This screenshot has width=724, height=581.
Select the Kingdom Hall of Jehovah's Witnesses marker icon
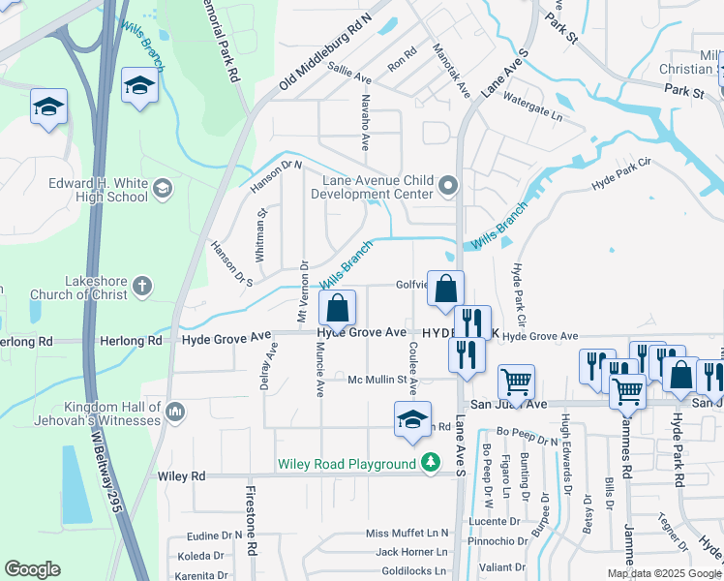175,413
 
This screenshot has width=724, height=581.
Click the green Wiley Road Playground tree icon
431,465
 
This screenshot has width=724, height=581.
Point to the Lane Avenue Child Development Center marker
447,184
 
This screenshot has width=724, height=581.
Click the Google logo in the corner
33,569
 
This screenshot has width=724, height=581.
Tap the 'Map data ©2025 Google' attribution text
663,573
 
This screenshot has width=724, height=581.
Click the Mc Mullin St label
382,380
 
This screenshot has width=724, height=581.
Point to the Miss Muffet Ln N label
407,534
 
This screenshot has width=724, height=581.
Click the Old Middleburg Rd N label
325,54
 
